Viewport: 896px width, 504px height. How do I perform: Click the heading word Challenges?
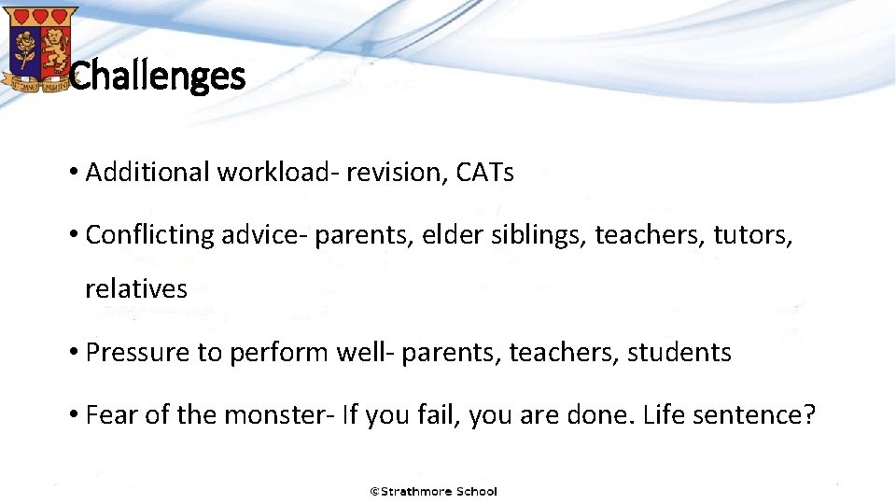(x=157, y=76)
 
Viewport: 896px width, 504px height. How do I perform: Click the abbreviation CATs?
(x=485, y=172)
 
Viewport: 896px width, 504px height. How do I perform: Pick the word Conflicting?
(x=150, y=234)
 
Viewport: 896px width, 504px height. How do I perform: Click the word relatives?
(x=136, y=288)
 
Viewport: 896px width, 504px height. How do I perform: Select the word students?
(x=679, y=352)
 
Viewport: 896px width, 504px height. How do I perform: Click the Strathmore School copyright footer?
(x=434, y=491)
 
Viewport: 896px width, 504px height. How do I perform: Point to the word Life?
(x=668, y=414)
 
